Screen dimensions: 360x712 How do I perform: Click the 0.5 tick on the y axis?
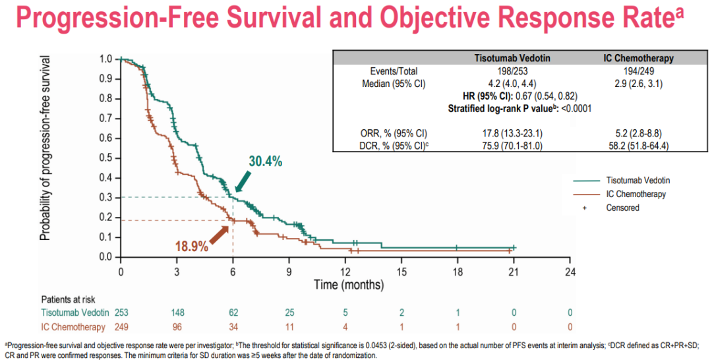(x=105, y=158)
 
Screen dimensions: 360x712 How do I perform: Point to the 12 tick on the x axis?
(x=346, y=271)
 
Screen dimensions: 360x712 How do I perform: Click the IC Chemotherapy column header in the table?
(x=638, y=58)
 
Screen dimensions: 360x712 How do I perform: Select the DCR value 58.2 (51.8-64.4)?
(x=638, y=146)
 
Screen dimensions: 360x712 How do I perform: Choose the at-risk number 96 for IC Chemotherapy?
(x=177, y=326)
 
